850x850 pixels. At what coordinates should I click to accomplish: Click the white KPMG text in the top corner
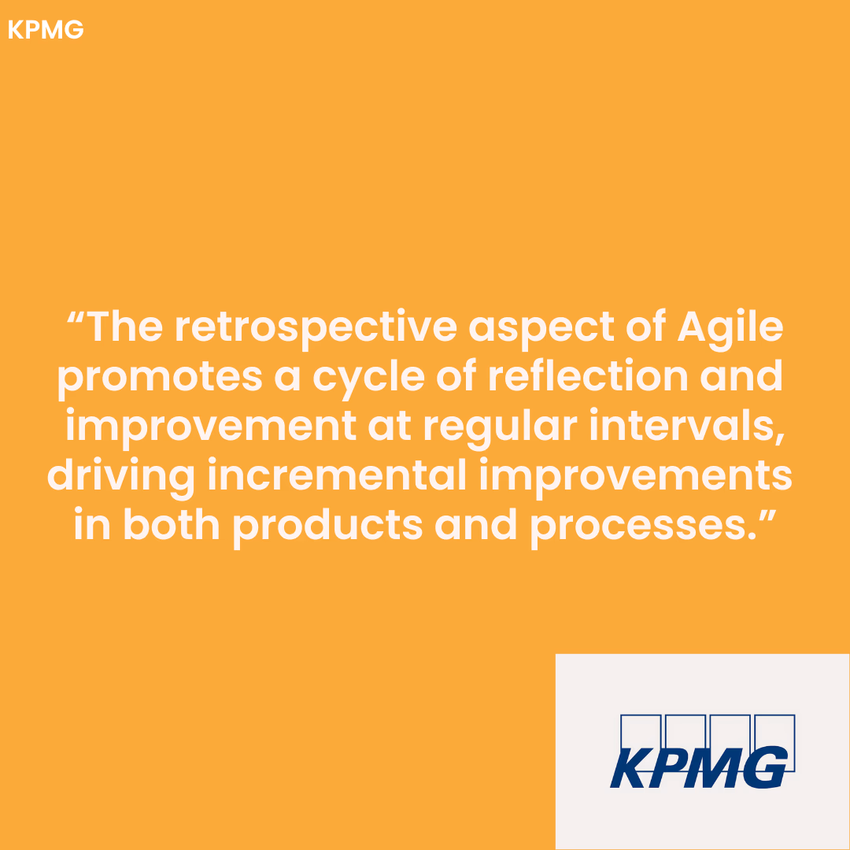(46, 30)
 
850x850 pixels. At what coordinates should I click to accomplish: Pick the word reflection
(588, 375)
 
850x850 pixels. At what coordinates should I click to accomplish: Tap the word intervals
(687, 427)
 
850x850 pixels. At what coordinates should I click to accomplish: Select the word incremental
(337, 475)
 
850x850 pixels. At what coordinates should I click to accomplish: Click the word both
(172, 525)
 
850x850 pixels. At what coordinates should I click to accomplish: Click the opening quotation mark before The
(75, 317)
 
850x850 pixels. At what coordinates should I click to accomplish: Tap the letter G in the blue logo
(765, 767)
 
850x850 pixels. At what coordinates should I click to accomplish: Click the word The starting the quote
(124, 327)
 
